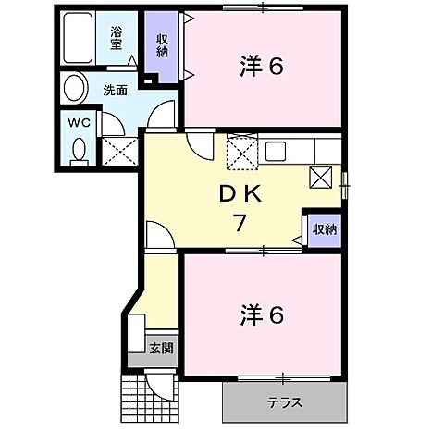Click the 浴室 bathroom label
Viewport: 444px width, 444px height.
[117, 38]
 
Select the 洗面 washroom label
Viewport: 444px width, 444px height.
[115, 91]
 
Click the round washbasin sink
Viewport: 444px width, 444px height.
[73, 89]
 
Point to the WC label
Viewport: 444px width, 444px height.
[77, 121]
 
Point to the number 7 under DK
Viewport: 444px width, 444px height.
[238, 223]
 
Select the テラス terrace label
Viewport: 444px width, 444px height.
[286, 403]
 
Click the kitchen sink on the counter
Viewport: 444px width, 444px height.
[277, 151]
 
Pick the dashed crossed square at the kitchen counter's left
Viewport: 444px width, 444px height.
[242, 150]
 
